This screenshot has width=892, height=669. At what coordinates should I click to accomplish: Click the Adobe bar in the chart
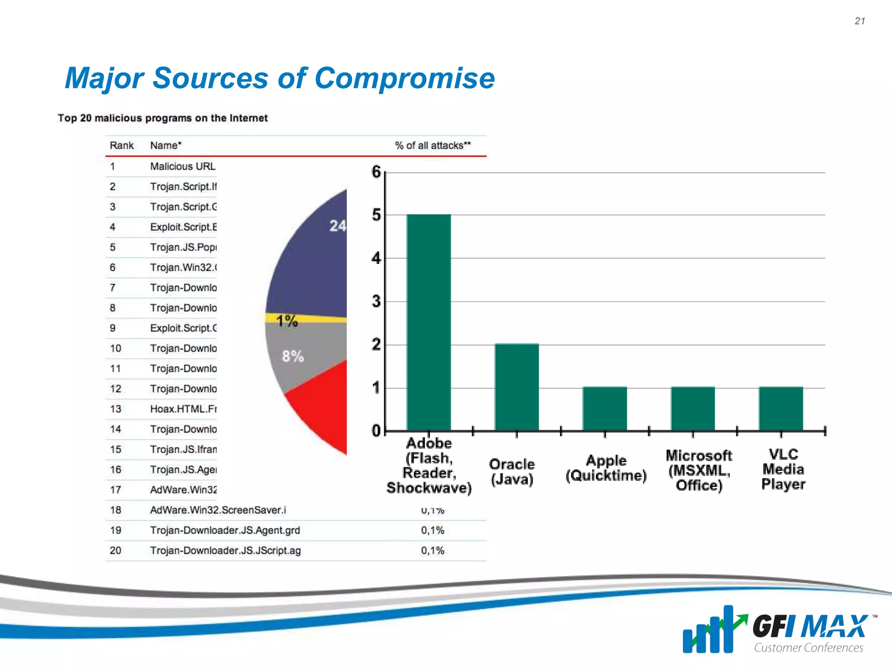429,322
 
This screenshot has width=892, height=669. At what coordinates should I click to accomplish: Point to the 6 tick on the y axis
376,172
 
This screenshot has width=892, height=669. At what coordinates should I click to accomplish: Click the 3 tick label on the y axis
376,301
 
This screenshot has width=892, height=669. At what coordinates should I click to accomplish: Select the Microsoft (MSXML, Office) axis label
699,470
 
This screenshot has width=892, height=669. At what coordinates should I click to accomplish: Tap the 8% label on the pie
293,356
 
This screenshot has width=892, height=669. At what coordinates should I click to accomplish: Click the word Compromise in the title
405,78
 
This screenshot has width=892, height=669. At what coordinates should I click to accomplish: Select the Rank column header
122,145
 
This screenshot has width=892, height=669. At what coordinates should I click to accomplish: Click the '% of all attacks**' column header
432,145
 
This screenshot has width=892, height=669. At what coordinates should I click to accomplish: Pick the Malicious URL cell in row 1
182,166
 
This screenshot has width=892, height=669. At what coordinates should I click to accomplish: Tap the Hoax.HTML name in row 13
183,409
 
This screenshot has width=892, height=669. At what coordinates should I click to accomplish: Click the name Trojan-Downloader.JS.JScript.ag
225,551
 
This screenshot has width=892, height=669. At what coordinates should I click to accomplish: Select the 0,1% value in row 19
432,530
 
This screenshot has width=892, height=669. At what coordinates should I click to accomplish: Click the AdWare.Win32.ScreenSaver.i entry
218,510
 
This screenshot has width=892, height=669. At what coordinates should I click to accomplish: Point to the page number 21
860,21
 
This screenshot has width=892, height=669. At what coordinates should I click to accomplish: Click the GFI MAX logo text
810,627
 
